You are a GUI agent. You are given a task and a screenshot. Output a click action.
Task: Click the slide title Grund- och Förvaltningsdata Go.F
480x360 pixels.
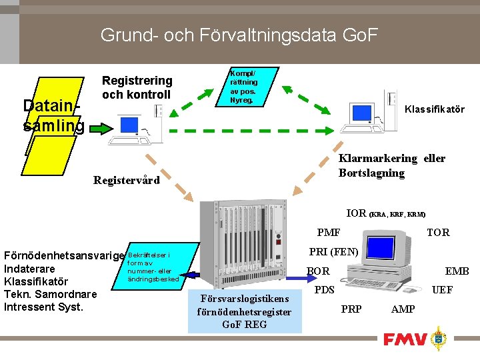point(239,34)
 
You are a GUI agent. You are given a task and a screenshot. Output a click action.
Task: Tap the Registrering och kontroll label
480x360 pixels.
point(137,87)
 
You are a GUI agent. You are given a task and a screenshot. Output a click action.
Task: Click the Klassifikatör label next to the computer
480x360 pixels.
point(435,109)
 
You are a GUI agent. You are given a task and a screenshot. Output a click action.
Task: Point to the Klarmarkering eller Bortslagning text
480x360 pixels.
point(391,165)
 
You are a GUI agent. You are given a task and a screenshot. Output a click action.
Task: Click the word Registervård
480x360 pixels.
point(127,180)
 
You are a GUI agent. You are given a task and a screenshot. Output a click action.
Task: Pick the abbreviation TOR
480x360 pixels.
point(438,232)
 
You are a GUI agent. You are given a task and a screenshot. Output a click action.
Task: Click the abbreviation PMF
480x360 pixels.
point(329,232)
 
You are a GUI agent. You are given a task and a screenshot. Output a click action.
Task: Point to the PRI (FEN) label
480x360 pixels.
point(334,252)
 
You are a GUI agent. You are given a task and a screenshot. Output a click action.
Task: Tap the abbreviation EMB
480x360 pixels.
point(457,271)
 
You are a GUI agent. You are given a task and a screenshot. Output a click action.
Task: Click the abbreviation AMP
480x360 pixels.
point(403,309)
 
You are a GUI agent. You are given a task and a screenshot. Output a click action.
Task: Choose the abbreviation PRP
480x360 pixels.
point(351,309)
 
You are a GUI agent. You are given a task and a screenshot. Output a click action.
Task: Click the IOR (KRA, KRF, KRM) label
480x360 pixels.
point(385,213)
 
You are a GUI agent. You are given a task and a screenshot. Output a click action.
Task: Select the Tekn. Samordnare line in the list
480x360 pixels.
point(50,294)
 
